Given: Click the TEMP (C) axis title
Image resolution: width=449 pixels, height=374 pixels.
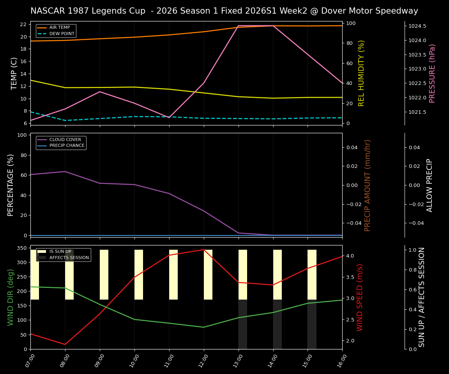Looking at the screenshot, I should (14, 73).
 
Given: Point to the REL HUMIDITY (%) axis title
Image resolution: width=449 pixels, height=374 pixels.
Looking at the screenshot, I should (361, 73).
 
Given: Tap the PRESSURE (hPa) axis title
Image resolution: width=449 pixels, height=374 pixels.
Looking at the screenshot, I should (432, 73).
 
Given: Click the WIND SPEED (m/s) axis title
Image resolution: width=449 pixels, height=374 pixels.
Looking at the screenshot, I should (360, 297).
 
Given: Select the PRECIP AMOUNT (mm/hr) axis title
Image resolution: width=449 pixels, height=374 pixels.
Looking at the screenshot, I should (368, 185).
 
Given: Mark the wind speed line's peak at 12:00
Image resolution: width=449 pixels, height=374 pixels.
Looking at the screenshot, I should (203, 250).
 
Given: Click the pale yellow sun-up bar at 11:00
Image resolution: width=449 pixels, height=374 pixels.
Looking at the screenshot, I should (173, 275).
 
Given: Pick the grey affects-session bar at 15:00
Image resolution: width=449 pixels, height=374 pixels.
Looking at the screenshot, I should (312, 324).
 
